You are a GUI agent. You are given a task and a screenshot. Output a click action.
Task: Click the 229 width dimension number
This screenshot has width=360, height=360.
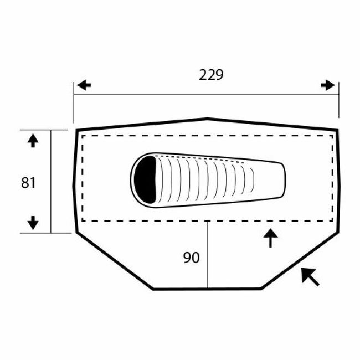[211, 75]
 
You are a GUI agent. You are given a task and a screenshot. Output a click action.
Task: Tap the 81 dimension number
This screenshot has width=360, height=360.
[28, 183]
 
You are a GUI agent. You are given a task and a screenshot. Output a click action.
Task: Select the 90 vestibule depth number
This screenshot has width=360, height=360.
[192, 258]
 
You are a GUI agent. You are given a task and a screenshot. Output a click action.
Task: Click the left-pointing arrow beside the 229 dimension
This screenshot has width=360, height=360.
[84, 85]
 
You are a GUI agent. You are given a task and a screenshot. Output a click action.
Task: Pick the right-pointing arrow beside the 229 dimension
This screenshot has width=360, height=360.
[328, 85]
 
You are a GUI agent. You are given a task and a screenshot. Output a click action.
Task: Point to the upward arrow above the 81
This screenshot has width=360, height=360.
[33, 141]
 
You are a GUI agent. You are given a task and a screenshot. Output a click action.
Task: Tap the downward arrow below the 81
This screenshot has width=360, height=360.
[33, 223]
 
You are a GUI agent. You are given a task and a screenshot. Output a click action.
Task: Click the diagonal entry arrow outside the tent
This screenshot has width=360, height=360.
[310, 277]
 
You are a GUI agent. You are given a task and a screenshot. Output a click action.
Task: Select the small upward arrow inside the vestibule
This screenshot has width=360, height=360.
[270, 238]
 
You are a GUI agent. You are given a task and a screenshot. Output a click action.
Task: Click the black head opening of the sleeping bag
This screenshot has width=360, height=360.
[145, 179]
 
